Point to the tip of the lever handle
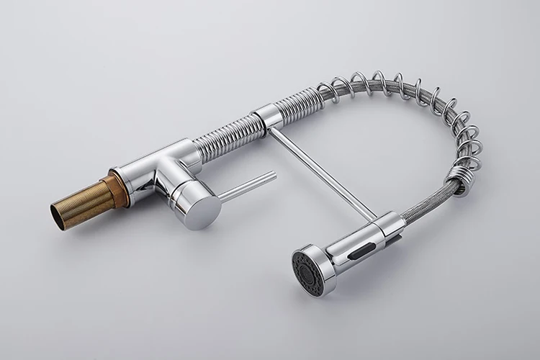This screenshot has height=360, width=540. (273, 175)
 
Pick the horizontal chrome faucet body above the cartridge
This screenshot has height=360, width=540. (169, 158)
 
